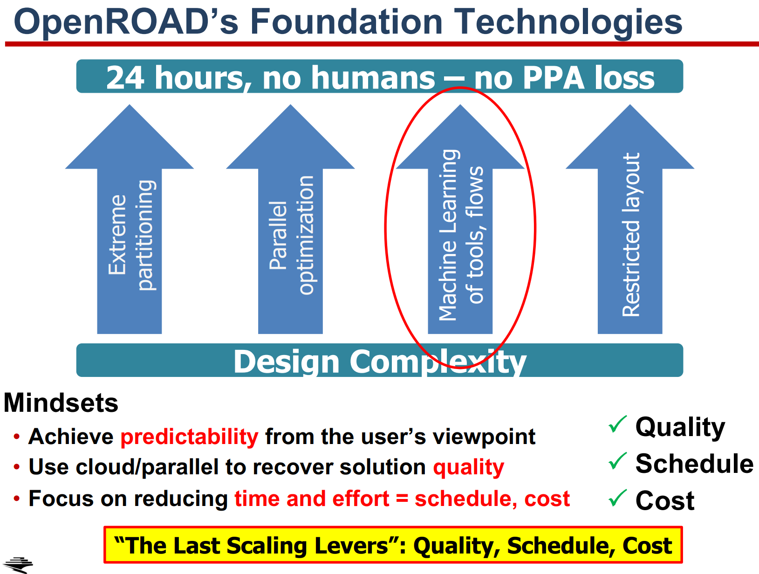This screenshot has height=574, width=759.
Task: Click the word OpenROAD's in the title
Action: [126, 22]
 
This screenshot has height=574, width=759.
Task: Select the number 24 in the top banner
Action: [125, 78]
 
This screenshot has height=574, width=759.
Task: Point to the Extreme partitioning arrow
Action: [130, 219]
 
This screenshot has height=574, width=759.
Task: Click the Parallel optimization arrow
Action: [290, 219]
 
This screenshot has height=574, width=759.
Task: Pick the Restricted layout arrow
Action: [630, 219]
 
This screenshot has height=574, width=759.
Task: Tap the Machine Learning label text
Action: [449, 235]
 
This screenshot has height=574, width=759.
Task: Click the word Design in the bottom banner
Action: [286, 362]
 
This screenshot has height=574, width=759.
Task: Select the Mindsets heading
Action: [61, 403]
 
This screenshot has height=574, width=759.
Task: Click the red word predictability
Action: [190, 437]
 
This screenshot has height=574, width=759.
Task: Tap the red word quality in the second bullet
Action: [469, 467]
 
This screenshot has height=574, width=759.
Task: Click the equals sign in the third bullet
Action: [402, 499]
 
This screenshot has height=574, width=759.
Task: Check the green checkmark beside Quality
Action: [617, 424]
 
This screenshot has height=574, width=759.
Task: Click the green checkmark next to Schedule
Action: [617, 461]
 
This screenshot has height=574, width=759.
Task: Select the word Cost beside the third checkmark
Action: [665, 500]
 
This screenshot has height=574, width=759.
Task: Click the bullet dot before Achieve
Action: [16, 436]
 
